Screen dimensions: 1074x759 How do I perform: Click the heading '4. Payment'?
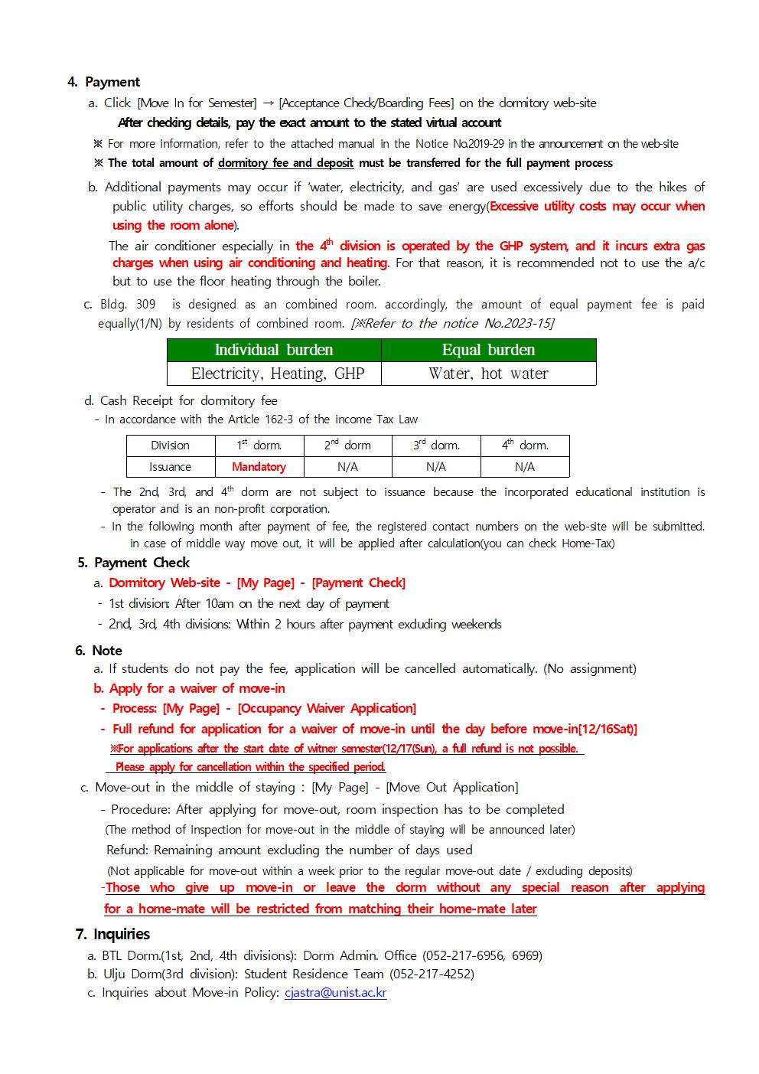[104, 82]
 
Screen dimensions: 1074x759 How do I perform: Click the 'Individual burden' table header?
[274, 350]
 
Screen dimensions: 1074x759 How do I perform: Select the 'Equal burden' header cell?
[488, 350]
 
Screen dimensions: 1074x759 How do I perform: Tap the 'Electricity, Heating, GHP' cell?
[274, 374]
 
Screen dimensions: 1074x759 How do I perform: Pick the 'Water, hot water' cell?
[488, 374]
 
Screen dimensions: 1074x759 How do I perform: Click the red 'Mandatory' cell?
[259, 466]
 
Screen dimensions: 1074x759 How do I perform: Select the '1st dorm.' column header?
[259, 445]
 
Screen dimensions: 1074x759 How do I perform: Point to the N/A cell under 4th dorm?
[524, 466]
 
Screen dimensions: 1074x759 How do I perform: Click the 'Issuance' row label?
[170, 466]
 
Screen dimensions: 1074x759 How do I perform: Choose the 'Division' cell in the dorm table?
[170, 445]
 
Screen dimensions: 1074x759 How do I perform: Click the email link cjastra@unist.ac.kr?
[335, 993]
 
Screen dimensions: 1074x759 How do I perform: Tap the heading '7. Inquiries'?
[112, 934]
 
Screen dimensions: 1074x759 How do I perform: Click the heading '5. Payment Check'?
[134, 563]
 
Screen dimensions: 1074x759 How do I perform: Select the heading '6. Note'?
[99, 651]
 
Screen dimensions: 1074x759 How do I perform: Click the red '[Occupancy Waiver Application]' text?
[327, 708]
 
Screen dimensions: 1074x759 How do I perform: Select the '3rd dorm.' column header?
[436, 445]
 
